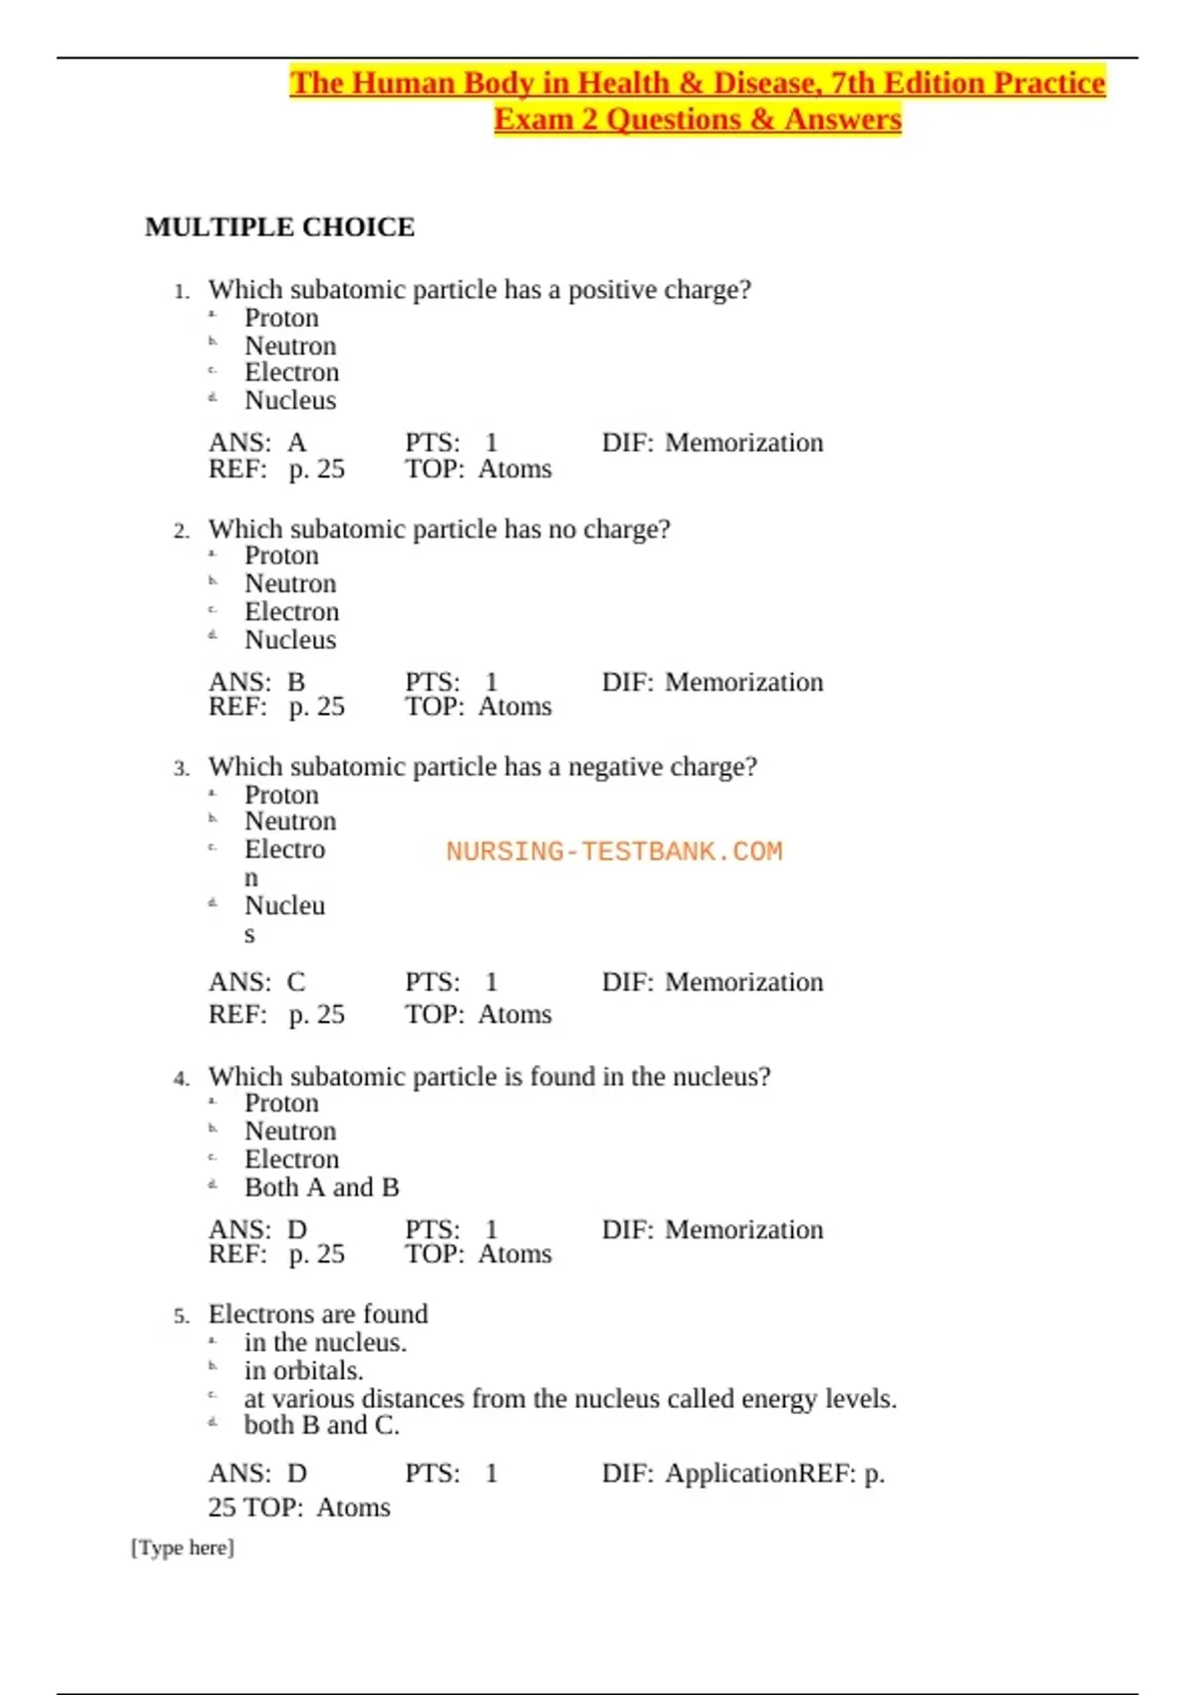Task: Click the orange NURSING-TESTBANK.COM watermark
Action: tap(614, 851)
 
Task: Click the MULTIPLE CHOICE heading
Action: tap(279, 227)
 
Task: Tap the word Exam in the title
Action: tap(533, 120)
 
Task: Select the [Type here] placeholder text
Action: tap(182, 1547)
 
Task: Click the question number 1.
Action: tap(180, 292)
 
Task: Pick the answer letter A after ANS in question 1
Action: tap(297, 443)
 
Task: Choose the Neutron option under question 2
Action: tap(290, 584)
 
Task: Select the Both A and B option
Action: tap(321, 1187)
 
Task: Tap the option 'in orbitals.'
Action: tap(303, 1371)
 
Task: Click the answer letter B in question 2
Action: tap(296, 682)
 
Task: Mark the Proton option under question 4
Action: tap(281, 1104)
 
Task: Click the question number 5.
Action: tap(180, 1317)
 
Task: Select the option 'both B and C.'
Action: tap(321, 1426)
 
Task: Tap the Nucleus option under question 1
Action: tap(290, 401)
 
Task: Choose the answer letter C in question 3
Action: tap(296, 982)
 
